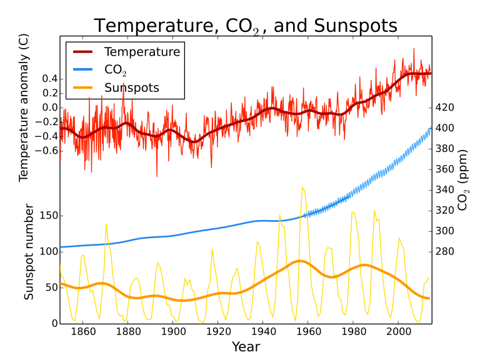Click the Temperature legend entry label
[142, 51]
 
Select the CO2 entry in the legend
[115, 69]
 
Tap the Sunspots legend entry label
[132, 87]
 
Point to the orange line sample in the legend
[84, 87]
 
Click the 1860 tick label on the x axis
[82, 332]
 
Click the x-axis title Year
[246, 347]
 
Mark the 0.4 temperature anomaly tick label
[50, 79]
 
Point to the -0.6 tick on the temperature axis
[47, 151]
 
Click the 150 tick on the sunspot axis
[49, 216]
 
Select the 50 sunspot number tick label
[51, 287]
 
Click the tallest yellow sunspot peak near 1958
[302, 187]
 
